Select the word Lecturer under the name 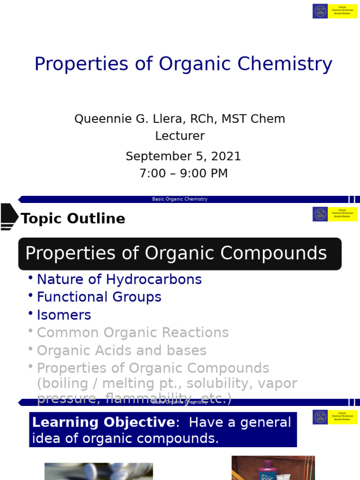click(x=180, y=136)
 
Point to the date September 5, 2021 click(x=183, y=157)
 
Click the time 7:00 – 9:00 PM click(x=184, y=173)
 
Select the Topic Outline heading click(x=73, y=219)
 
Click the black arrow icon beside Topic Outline click(x=8, y=217)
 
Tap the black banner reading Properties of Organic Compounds click(x=180, y=254)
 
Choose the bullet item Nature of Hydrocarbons click(x=119, y=280)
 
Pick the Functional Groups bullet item click(x=99, y=297)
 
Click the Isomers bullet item click(x=64, y=315)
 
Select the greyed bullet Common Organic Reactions click(x=133, y=333)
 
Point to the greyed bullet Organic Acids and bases click(x=121, y=351)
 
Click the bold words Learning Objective click(x=103, y=422)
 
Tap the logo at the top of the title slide click(x=320, y=11)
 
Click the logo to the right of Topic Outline click(x=320, y=214)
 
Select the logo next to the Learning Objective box click(x=320, y=417)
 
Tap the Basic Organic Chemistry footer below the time click(x=180, y=199)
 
